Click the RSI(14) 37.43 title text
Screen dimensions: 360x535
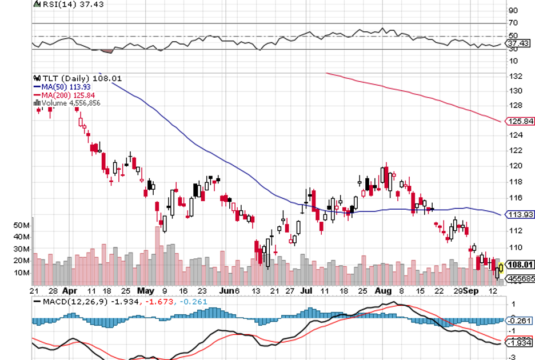point(64,4)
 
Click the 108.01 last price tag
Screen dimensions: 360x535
point(521,265)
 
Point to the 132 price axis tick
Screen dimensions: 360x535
point(516,76)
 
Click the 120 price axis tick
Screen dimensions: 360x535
point(516,166)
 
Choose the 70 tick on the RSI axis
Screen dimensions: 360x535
point(513,23)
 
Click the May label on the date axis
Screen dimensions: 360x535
point(146,290)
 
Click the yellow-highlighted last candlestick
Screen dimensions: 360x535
point(501,267)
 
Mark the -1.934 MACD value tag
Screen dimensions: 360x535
point(521,342)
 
